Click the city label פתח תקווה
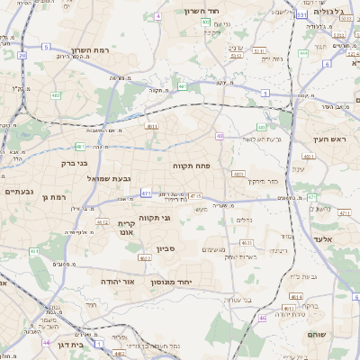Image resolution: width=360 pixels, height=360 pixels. tap(192, 166)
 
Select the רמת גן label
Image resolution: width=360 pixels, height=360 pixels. tap(55, 196)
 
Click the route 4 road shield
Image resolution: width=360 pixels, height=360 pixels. tap(157, 16)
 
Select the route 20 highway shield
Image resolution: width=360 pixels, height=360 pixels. tap(22, 55)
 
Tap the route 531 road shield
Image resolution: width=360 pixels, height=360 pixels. tap(301, 15)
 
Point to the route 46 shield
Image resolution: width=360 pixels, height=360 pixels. tap(263, 318)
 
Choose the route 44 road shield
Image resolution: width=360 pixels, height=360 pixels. tap(46, 342)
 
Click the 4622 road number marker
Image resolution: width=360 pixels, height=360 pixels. tap(145, 257)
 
